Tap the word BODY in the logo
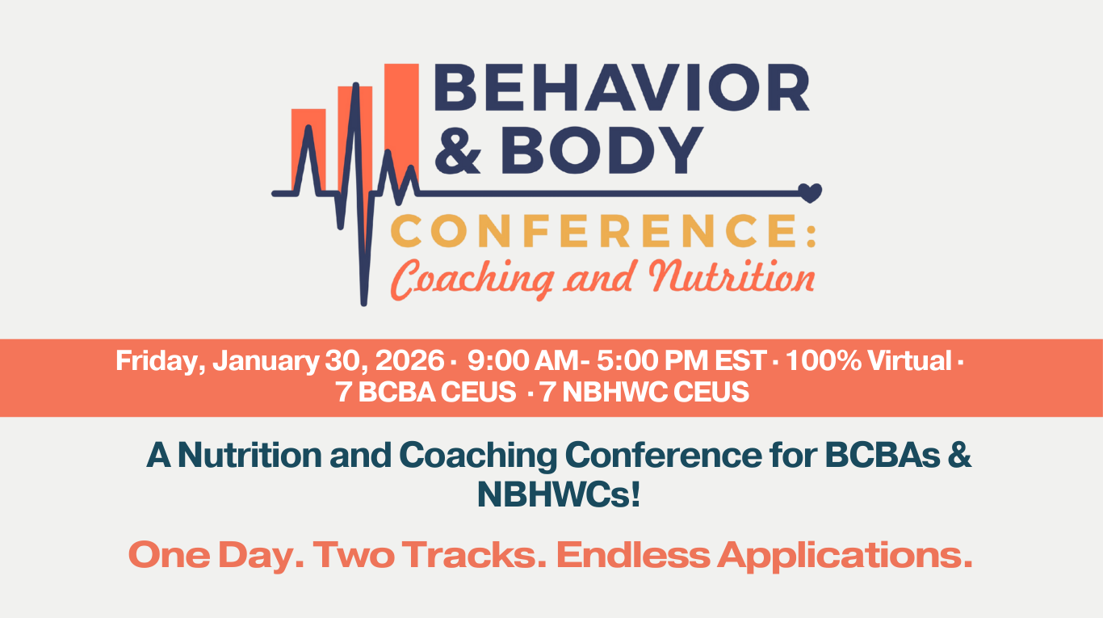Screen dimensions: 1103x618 coord(602,150)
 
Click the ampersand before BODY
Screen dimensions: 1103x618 coord(458,150)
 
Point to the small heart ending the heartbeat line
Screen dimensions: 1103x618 coord(810,192)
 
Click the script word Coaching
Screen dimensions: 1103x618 coord(472,279)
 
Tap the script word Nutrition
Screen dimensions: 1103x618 coord(732,277)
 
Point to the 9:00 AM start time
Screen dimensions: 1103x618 coord(523,360)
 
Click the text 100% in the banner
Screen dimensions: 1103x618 coord(824,360)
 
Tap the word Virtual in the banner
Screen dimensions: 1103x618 coord(910,360)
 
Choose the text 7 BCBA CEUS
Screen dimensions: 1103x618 coord(426,393)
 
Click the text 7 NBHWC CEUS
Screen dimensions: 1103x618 coord(644,393)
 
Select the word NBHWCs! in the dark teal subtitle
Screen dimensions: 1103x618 coord(559,494)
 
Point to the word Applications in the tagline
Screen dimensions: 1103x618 coord(845,557)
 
